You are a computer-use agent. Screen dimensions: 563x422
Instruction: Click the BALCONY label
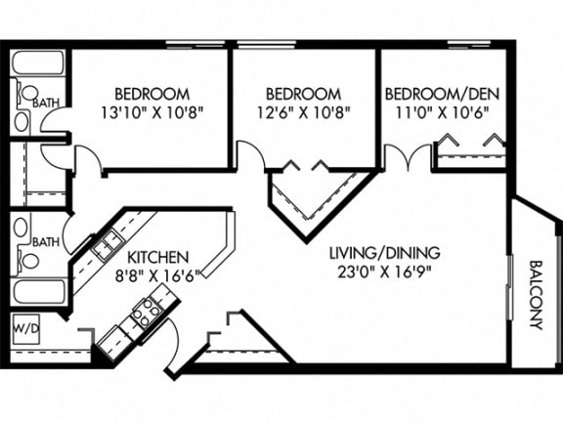536,295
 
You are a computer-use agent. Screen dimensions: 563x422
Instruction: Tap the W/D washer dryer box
25,328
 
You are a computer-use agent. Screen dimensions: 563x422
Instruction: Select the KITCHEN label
158,257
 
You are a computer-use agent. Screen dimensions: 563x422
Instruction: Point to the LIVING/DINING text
385,253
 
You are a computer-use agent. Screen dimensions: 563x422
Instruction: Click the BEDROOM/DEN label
442,94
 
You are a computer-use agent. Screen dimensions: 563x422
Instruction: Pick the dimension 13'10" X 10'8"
152,113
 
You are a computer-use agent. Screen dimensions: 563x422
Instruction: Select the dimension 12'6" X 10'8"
303,113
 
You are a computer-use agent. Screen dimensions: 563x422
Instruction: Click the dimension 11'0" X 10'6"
443,113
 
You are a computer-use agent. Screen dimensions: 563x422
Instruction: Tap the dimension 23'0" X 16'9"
384,273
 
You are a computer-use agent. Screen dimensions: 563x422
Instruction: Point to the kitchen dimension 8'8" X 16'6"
157,276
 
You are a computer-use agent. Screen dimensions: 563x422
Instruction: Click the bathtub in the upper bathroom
38,63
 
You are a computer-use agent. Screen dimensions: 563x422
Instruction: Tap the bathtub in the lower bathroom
39,291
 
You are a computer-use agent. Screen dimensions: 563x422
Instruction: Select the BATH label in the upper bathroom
46,104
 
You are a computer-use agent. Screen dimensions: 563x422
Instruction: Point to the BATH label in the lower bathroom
46,242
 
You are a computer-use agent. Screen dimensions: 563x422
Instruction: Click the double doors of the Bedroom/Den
408,156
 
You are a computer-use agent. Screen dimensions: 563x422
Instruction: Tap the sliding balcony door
509,287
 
